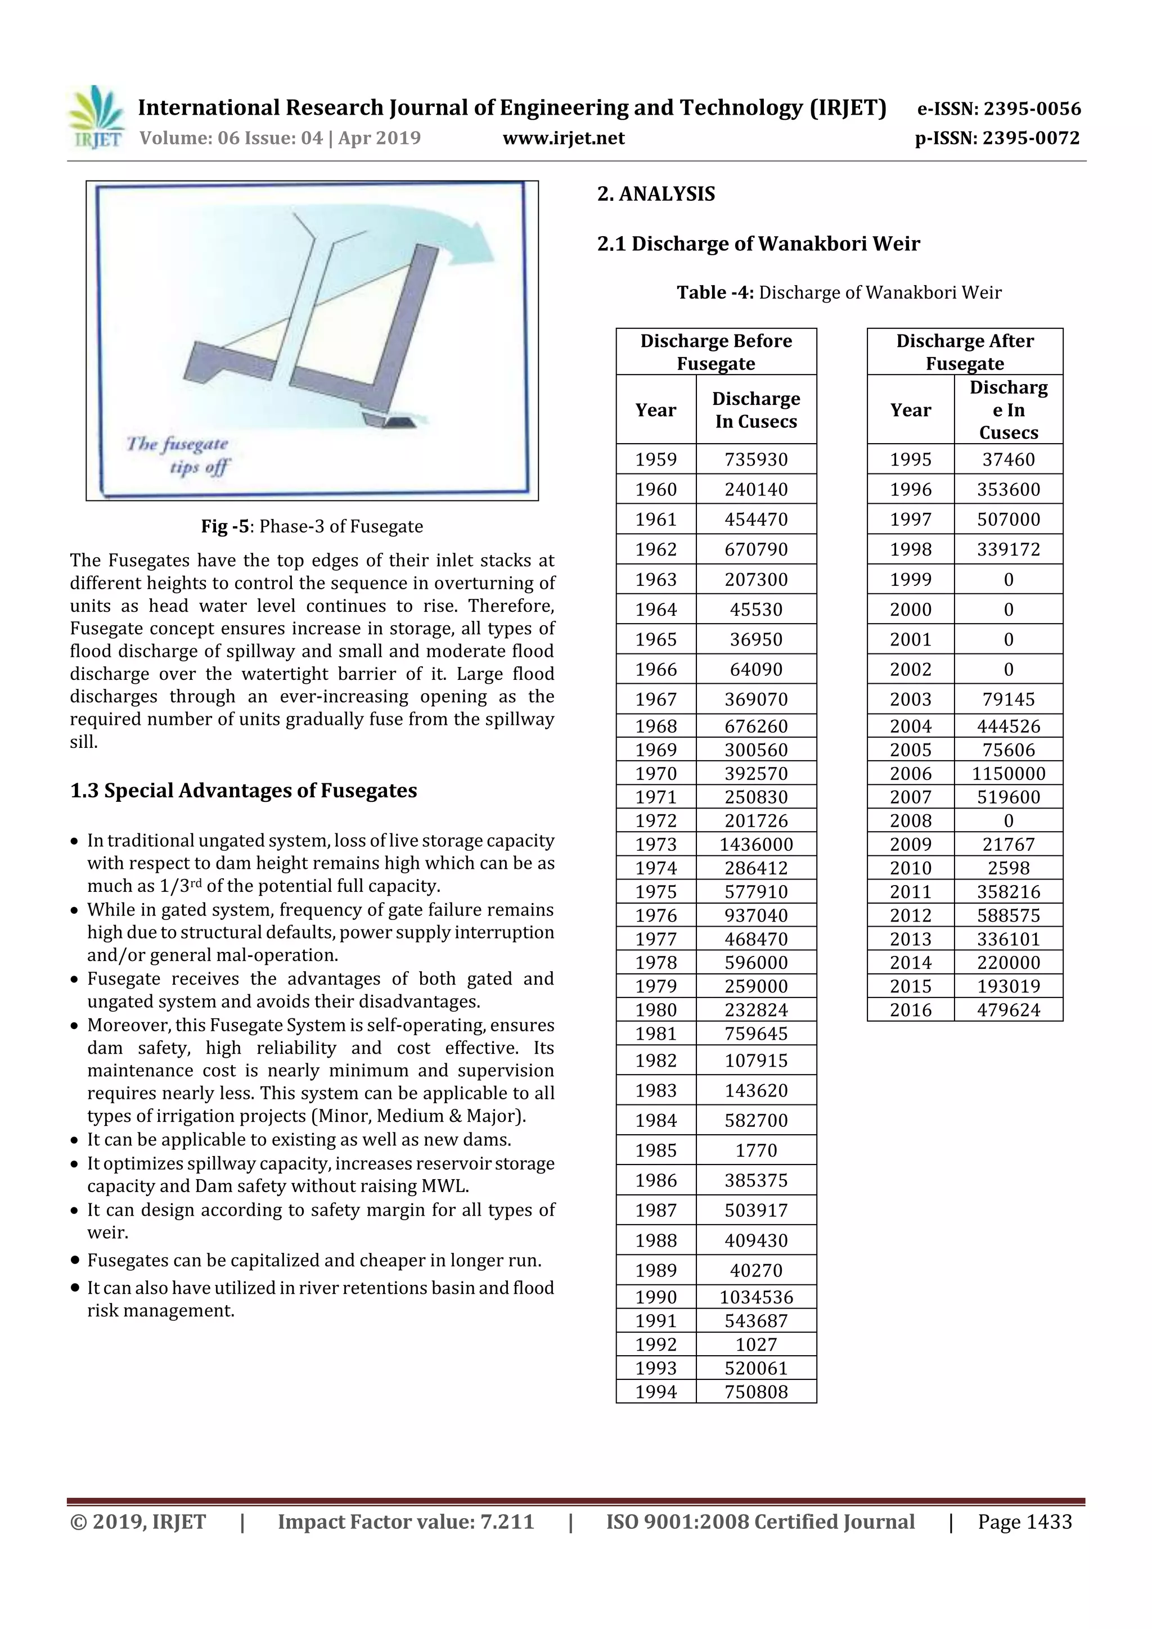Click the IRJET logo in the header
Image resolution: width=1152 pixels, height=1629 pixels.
96,118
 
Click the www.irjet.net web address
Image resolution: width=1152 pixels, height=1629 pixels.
564,138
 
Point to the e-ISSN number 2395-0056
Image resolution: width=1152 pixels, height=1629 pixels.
998,109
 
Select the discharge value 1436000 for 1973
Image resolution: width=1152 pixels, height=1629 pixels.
756,844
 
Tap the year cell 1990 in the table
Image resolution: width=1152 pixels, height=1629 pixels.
656,1297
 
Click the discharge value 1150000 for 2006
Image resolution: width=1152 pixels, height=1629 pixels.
1008,773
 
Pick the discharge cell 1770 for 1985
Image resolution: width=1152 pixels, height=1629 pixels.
756,1150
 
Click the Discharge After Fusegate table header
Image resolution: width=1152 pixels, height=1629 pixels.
965,352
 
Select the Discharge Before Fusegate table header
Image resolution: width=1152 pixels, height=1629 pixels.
715,352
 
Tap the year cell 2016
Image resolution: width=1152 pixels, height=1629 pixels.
910,1009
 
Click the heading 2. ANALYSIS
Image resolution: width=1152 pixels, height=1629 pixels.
656,193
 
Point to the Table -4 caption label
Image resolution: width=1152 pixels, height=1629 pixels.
715,292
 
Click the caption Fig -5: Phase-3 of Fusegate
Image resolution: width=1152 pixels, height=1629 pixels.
312,526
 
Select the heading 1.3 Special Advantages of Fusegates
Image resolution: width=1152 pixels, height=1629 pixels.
244,791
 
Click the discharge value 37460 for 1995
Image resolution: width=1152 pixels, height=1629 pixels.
1008,459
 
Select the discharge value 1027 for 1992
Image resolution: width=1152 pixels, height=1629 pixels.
756,1344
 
